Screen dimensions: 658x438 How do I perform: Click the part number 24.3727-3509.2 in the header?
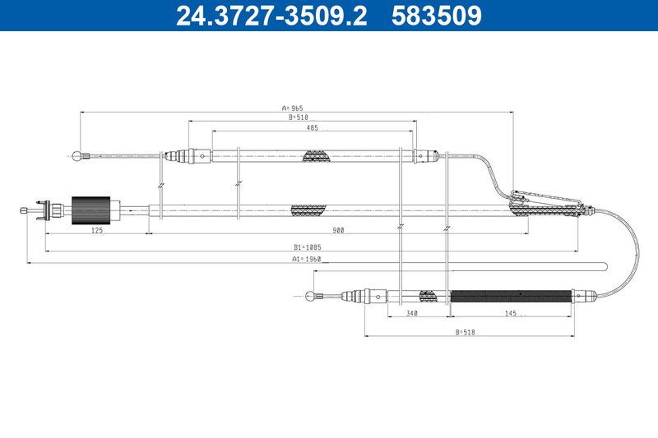point(271,16)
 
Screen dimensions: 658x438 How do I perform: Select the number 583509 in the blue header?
point(437,16)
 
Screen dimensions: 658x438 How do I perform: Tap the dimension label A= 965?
point(293,108)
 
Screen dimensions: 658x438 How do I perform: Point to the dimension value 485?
point(313,127)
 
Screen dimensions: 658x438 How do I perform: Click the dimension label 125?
point(97,230)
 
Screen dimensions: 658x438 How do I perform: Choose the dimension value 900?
point(338,230)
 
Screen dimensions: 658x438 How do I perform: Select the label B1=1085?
point(307,247)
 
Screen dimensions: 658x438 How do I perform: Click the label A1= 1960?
point(306,259)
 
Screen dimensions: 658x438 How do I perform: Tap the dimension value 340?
point(412,313)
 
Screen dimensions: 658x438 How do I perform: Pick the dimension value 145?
point(511,313)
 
